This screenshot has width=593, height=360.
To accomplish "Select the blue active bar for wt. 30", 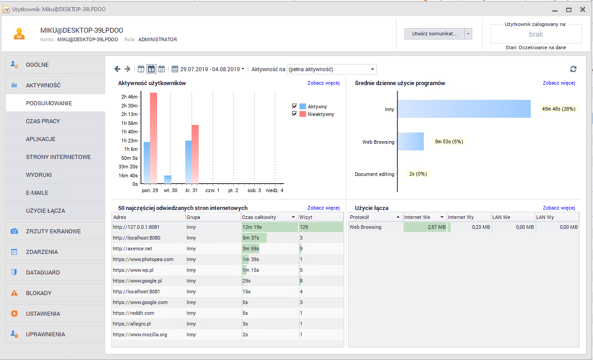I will (x=168, y=180).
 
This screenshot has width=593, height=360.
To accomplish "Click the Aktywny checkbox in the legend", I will (x=294, y=107).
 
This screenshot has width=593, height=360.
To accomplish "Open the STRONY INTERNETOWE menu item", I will (x=58, y=157).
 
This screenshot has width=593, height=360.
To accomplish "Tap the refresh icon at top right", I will (x=573, y=69).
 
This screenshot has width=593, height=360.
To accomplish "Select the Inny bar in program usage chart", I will (x=464, y=109).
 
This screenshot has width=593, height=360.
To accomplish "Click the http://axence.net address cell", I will (x=132, y=249).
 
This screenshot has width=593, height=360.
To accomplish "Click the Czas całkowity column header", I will (x=265, y=217).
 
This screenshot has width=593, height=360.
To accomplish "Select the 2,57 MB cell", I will (x=425, y=227).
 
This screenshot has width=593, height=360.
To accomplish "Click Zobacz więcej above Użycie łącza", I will (x=559, y=208).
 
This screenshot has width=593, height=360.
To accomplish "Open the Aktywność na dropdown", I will (x=331, y=69).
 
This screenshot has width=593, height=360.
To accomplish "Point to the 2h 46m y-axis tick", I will (x=129, y=97).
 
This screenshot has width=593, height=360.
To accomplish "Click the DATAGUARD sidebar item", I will (x=43, y=272).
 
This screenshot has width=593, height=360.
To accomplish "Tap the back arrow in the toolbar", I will (x=117, y=69).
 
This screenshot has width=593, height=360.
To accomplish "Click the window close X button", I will (x=582, y=9).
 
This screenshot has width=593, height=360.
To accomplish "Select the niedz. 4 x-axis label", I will (x=274, y=190).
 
